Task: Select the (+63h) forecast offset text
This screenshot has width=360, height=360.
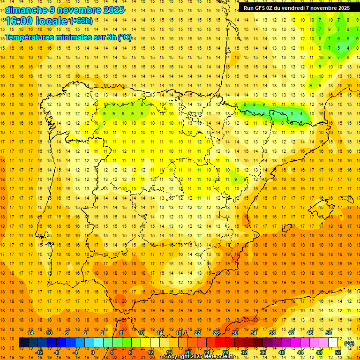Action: tap(81, 21)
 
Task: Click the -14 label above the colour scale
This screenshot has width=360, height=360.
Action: tap(30, 333)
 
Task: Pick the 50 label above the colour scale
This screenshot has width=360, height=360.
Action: tap(328, 333)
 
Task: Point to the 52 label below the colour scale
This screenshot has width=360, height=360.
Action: tap(337, 352)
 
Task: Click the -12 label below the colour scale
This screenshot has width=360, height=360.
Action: tap(39, 352)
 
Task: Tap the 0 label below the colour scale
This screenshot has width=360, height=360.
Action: tap(93, 352)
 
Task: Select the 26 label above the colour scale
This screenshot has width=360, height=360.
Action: tap(216, 333)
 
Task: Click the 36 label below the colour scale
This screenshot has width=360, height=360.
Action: tap(263, 352)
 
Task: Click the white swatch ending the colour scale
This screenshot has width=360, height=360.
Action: tap(333, 343)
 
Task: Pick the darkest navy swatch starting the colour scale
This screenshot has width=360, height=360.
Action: tap(24, 343)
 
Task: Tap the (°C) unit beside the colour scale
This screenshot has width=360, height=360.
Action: tap(349, 343)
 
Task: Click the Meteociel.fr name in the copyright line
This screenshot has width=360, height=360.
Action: tap(223, 357)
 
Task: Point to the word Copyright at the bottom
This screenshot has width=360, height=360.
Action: tap(177, 357)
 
